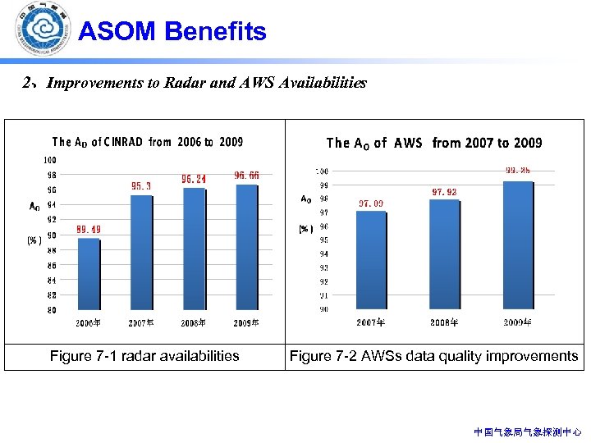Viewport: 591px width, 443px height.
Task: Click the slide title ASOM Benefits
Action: tap(172, 32)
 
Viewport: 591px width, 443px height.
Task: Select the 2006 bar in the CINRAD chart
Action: tap(89, 274)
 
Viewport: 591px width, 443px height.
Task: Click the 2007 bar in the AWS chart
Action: tap(370, 259)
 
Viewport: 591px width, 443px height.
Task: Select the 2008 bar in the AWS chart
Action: tap(443, 253)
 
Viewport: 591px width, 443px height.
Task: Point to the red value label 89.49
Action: tap(89, 230)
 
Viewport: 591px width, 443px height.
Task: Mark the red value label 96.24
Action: tap(194, 179)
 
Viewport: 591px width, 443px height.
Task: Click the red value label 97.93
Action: tap(443, 192)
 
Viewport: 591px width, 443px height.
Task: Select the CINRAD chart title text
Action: tap(147, 142)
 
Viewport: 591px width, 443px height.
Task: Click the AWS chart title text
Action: tap(434, 143)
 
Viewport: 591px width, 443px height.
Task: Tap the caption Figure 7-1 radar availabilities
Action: tap(144, 356)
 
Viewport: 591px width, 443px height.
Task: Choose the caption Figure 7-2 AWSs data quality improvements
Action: tap(433, 356)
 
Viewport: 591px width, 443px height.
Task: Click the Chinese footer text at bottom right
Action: tap(528, 432)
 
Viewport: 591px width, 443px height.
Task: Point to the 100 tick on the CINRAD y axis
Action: tap(51, 160)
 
